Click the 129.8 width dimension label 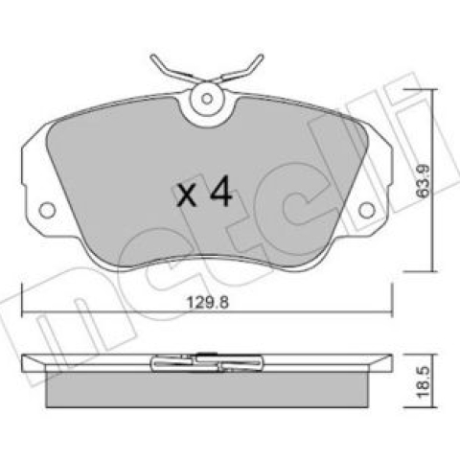pyautogui.click(x=208, y=302)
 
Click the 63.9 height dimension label pyautogui.click(x=424, y=181)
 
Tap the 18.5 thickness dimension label pyautogui.click(x=424, y=382)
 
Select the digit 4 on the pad pyautogui.click(x=221, y=191)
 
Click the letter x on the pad pyautogui.click(x=187, y=195)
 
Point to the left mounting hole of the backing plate pyautogui.click(x=47, y=210)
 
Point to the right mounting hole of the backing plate pyautogui.click(x=366, y=210)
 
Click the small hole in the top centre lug pyautogui.click(x=207, y=99)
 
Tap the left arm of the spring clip pyautogui.click(x=172, y=71)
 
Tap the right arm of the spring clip pyautogui.click(x=242, y=71)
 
